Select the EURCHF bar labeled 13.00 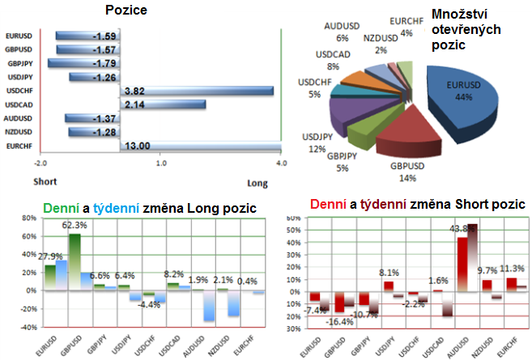coord(199,145)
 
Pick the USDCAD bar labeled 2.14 coord(162,104)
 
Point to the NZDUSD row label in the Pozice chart coord(19,131)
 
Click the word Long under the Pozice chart coord(257,183)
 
